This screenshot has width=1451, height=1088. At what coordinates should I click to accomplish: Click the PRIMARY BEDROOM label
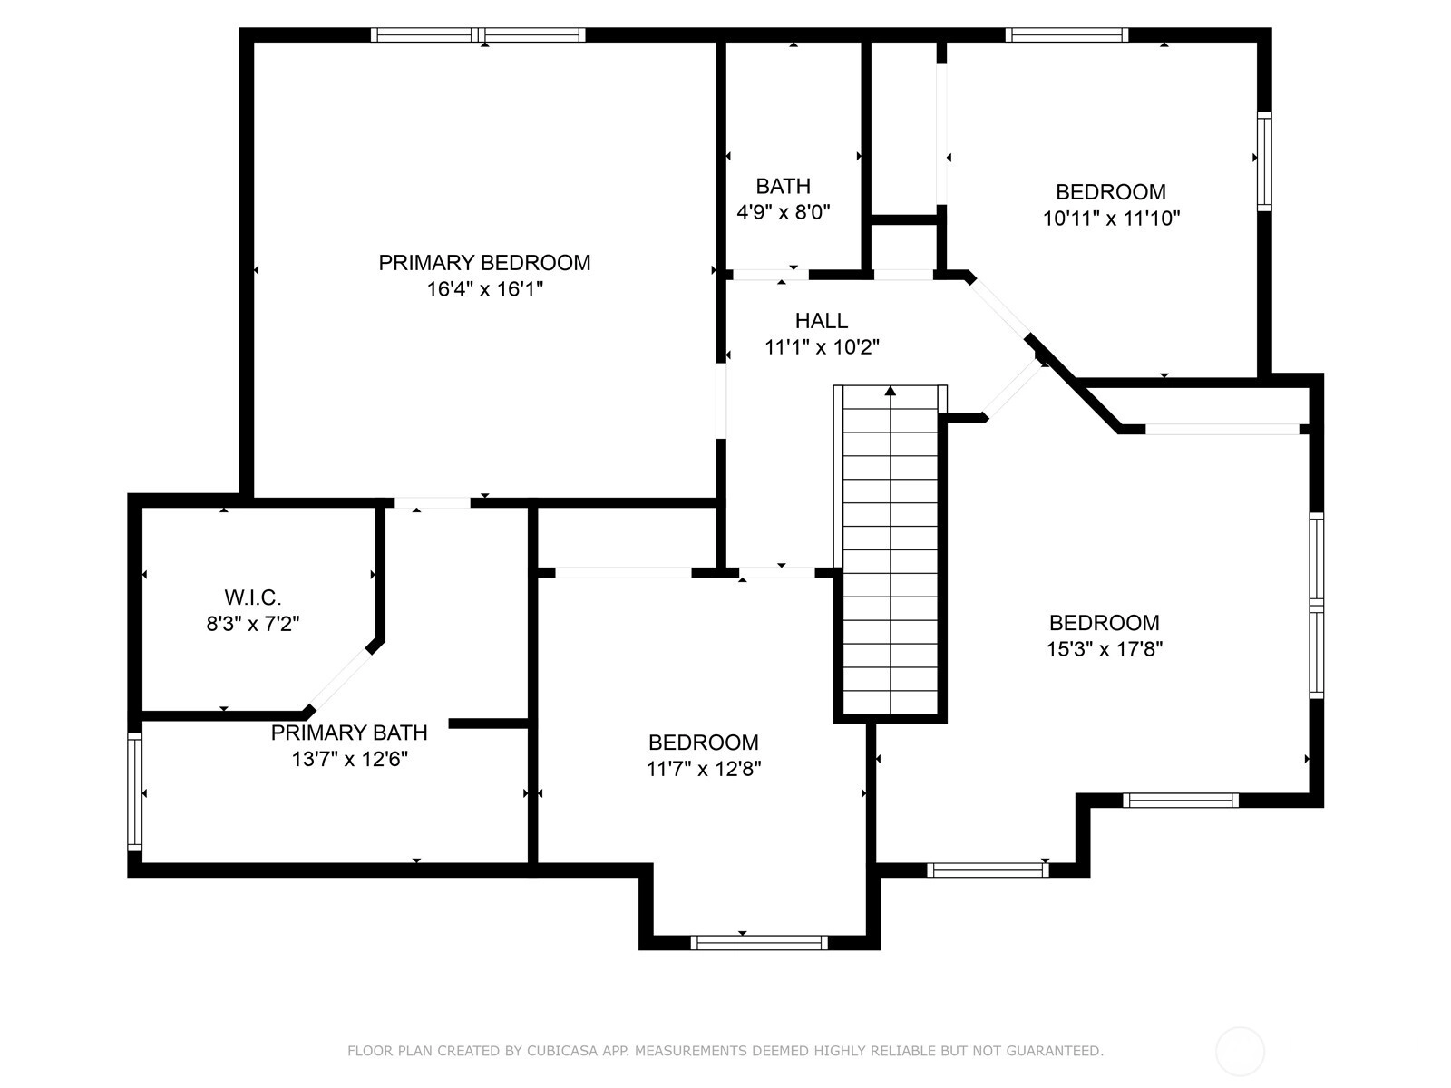(x=484, y=263)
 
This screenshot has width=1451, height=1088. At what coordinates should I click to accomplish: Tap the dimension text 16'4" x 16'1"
(x=484, y=289)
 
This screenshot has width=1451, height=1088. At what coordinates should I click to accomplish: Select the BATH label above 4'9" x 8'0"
(x=783, y=186)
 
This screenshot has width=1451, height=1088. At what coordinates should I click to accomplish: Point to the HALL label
(x=821, y=320)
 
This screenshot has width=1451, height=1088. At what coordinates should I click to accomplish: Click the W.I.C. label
(x=252, y=597)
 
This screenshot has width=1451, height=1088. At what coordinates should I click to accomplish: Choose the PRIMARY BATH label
(x=349, y=733)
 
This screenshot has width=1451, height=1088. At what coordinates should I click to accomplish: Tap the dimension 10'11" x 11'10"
(x=1111, y=218)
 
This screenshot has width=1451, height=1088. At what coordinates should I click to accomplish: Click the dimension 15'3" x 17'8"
(x=1104, y=649)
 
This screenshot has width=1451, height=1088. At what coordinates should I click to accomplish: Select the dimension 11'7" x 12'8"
(x=704, y=769)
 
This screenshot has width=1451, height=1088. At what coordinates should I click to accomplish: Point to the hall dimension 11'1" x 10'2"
(x=822, y=347)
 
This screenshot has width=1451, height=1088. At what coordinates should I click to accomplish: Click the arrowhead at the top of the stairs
(x=891, y=391)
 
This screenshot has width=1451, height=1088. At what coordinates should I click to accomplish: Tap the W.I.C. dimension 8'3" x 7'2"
(x=252, y=624)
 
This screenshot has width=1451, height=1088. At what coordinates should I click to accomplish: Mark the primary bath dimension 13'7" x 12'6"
(x=350, y=759)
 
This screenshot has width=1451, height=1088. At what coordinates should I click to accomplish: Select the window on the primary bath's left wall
(x=135, y=792)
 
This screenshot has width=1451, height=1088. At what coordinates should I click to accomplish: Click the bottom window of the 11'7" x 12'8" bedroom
(x=759, y=943)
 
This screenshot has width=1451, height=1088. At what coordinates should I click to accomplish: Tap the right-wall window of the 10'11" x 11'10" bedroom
(x=1264, y=161)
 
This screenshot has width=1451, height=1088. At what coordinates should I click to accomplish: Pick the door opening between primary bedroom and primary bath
(x=433, y=502)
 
